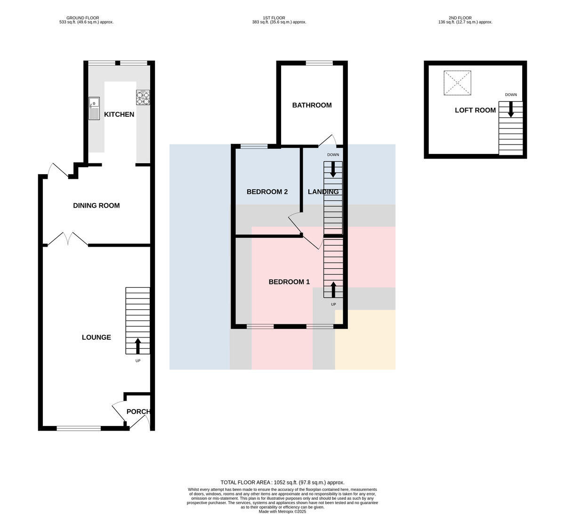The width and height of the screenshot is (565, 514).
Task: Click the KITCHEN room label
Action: (119, 114)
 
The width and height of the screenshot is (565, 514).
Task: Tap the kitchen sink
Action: (94, 108)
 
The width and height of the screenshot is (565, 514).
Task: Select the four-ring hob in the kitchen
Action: (143, 97)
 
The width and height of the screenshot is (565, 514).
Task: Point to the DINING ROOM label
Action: (97, 206)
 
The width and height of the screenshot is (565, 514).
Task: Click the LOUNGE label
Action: (97, 337)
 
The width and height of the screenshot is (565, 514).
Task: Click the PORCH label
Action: (138, 412)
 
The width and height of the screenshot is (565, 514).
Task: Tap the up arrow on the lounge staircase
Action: (138, 346)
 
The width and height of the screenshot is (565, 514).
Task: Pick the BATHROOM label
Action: (312, 105)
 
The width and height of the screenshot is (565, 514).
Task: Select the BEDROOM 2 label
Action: (267, 192)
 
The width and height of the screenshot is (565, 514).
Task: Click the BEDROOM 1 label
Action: (289, 282)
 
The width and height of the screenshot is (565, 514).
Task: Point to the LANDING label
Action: (323, 192)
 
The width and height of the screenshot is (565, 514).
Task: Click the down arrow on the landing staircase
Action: (333, 169)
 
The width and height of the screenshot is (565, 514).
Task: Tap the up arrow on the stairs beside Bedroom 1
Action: (333, 290)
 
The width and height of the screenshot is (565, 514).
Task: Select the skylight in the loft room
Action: (457, 83)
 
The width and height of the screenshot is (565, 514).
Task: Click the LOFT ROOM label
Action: (475, 111)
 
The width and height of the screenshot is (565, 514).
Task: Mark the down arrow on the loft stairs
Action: (511, 109)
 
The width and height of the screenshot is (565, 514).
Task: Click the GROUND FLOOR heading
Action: (83, 18)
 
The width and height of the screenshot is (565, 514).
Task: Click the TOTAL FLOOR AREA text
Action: (282, 482)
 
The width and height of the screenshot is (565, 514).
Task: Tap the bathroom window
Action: (319, 63)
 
